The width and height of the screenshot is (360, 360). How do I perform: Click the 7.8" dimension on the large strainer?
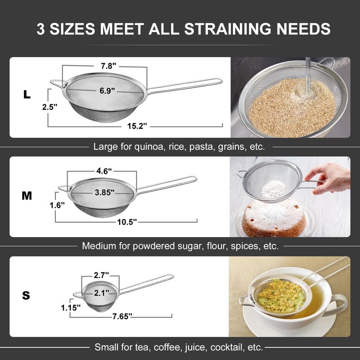click(108, 66)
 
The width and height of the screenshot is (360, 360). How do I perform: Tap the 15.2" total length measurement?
click(137, 126)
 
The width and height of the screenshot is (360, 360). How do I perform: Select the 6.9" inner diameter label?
click(108, 90)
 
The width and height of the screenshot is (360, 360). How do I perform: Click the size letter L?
click(27, 94)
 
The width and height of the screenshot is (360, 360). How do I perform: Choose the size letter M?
click(27, 196)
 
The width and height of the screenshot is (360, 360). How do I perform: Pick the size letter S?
click(26, 296)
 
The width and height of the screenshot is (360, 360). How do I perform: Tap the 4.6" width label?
click(104, 171)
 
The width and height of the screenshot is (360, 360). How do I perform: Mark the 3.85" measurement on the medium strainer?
click(104, 192)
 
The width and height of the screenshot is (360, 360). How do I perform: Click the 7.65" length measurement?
click(122, 317)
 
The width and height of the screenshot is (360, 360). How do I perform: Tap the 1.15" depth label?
click(71, 308)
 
